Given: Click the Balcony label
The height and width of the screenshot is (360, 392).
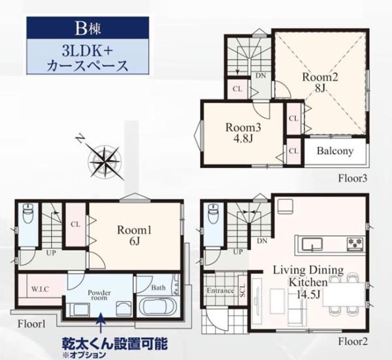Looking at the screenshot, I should pos(335,151).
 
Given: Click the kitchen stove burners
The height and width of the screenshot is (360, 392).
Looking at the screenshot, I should pos(355,244).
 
